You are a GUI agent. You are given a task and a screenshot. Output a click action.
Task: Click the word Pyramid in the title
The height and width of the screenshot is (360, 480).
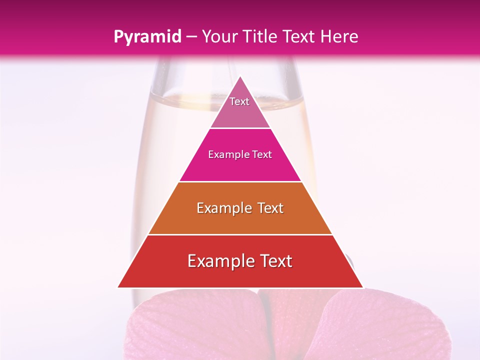point(147,37)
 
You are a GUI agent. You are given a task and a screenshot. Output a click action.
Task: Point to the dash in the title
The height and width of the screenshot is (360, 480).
point(191,37)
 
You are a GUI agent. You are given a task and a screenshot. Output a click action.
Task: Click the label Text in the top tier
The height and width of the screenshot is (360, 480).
point(239,101)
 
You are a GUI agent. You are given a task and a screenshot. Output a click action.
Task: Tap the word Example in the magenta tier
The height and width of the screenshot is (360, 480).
point(227,155)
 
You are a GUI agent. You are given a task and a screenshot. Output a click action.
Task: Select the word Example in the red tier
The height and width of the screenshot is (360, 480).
point(218,261)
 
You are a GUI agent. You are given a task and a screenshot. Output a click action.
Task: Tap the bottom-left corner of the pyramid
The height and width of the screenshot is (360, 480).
point(119,286)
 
